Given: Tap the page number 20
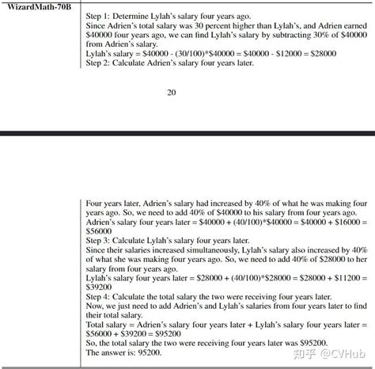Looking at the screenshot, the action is click(172, 93).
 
